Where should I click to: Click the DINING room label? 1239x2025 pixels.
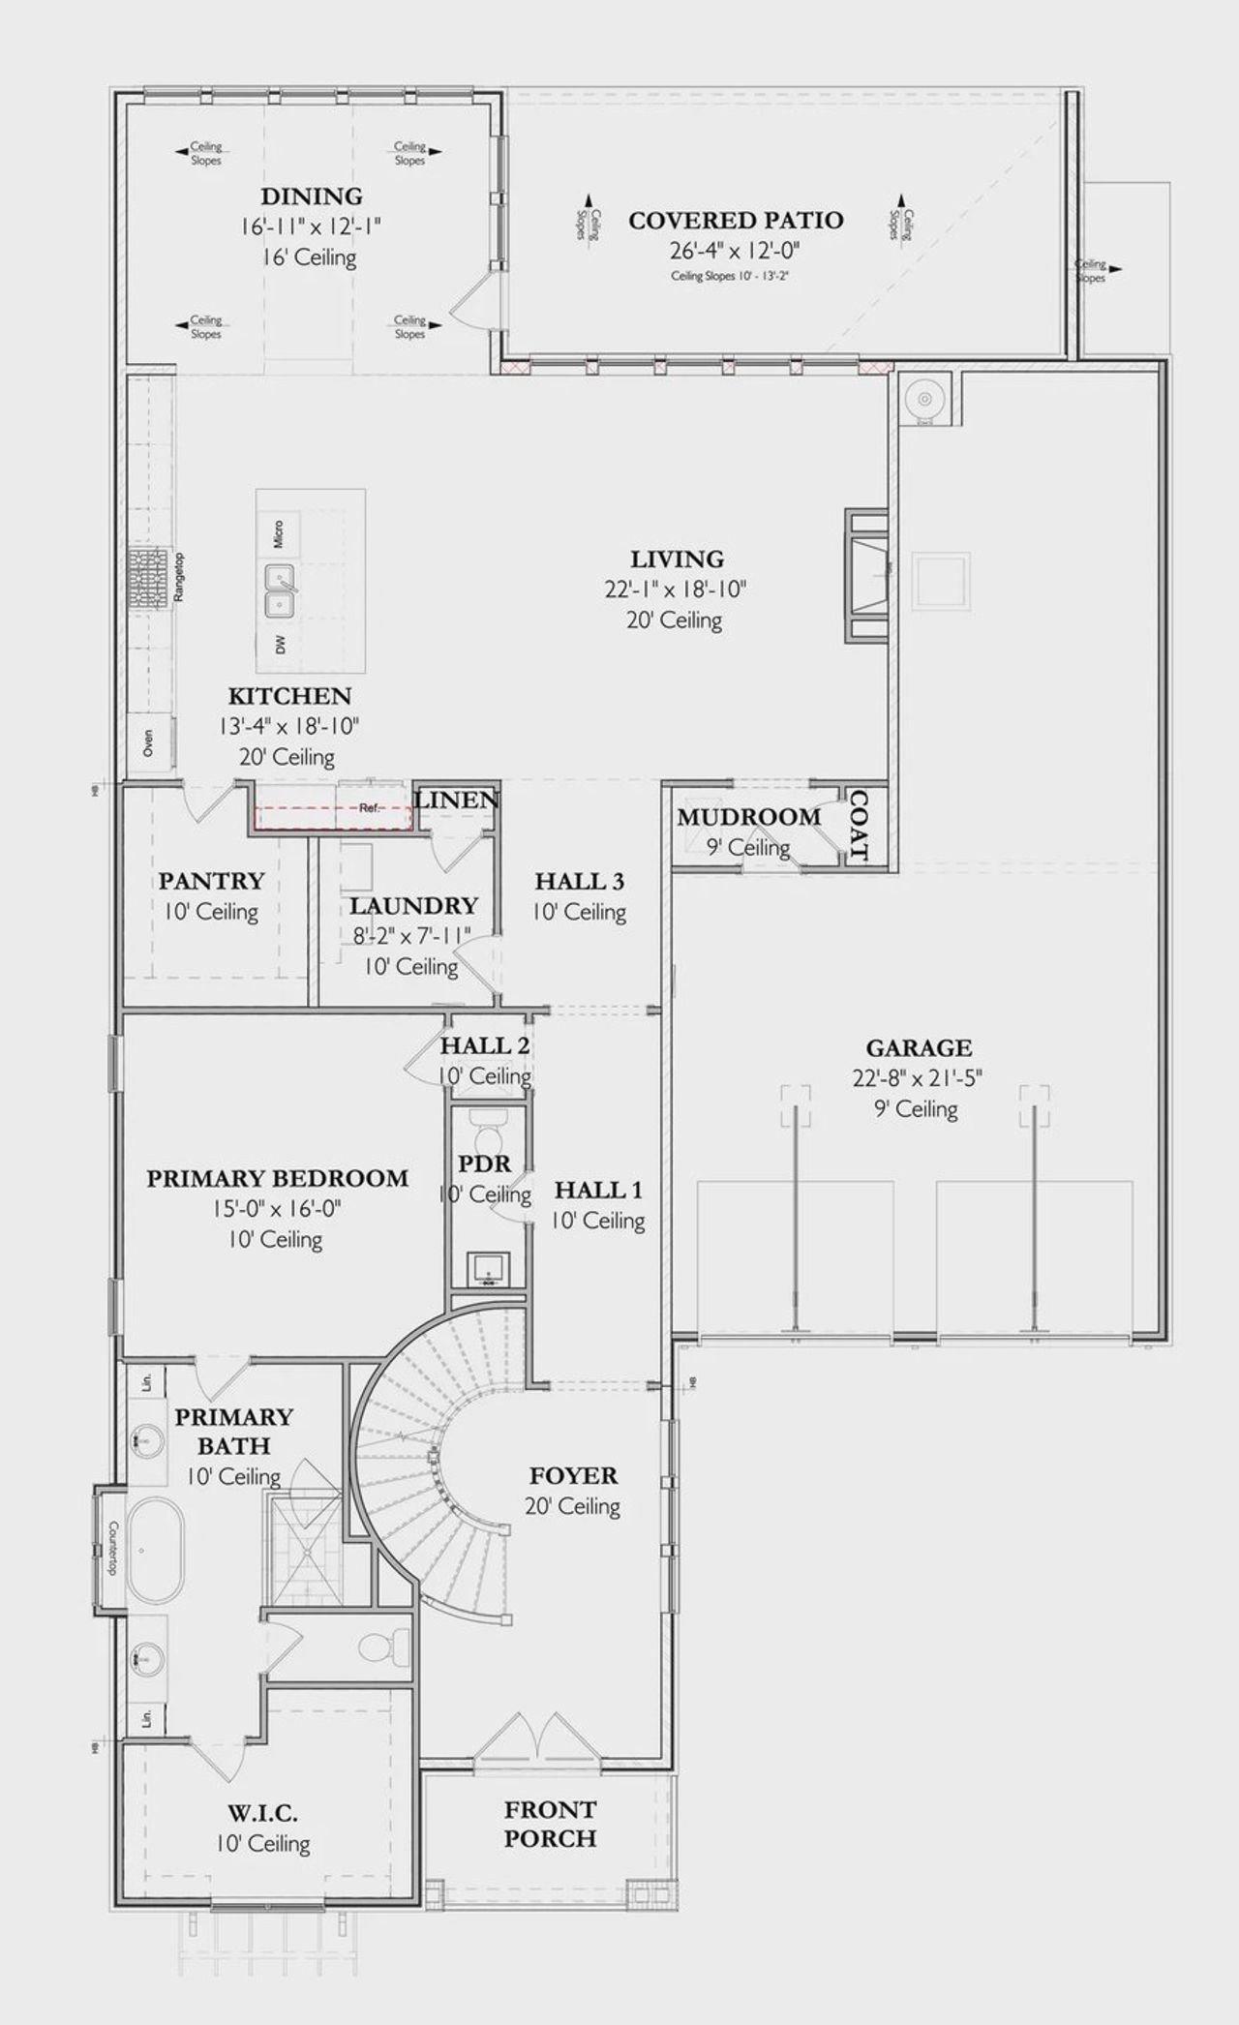(312, 196)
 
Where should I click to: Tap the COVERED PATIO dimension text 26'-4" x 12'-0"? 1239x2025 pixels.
(736, 251)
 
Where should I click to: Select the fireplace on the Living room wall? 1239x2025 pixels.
(868, 575)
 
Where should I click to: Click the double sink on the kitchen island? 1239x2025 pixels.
(281, 592)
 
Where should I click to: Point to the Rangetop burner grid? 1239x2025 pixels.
(148, 578)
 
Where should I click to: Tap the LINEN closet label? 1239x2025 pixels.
(457, 800)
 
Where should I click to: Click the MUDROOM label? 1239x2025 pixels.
(749, 817)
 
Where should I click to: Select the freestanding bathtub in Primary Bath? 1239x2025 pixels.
(155, 1550)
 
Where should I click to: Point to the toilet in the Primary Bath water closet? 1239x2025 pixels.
(381, 1646)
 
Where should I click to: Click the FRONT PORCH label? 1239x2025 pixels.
(550, 1824)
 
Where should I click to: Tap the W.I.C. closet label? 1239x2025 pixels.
(263, 1812)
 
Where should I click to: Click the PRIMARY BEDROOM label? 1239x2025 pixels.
(278, 1178)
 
